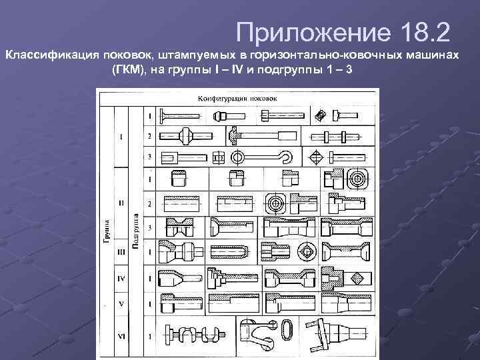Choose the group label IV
pyautogui.click(x=121, y=277)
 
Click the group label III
pyautogui.click(x=121, y=252)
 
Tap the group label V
pyautogui.click(x=121, y=302)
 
